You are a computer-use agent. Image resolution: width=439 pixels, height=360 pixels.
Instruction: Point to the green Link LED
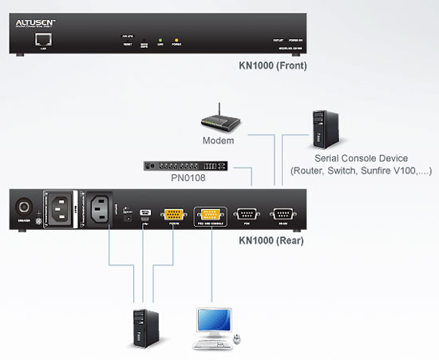pyautogui.click(x=160, y=39)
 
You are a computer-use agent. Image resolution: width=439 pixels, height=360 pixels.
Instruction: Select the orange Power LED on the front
pyautogui.click(x=176, y=39)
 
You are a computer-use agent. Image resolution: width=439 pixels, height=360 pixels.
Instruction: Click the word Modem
pyautogui.click(x=218, y=141)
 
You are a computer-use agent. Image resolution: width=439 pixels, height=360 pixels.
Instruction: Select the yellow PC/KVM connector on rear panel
pyautogui.click(x=174, y=213)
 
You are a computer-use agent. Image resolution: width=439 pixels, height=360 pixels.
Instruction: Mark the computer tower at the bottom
pyautogui.click(x=144, y=328)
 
